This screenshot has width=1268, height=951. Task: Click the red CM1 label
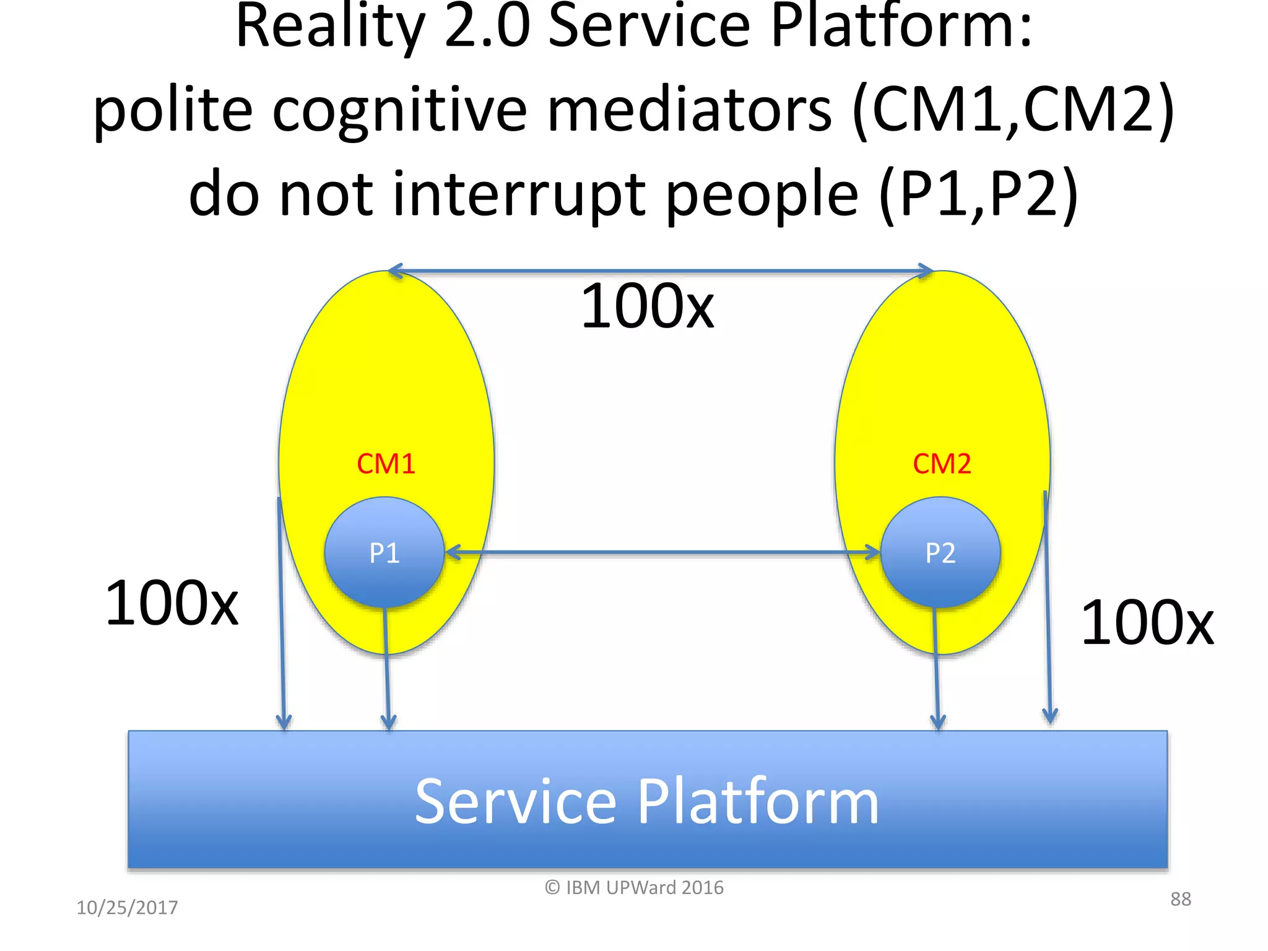[386, 464]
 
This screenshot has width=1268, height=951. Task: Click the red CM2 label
[942, 464]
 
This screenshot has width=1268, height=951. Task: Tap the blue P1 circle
[384, 552]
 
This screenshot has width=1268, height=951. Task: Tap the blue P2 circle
[940, 552]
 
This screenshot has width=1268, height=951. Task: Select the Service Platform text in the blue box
[646, 802]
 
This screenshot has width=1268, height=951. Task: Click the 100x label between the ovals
[648, 306]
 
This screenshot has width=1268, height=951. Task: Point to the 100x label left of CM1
[172, 603]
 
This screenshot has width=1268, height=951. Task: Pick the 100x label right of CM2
[1147, 623]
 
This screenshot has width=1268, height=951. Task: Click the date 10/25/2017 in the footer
[127, 908]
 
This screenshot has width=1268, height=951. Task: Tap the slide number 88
[1180, 899]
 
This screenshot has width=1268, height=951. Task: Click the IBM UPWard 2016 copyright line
[634, 888]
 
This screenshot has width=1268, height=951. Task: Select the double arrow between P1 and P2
[662, 552]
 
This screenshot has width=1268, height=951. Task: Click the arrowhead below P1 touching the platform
[388, 722]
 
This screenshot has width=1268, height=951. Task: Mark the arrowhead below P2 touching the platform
[938, 722]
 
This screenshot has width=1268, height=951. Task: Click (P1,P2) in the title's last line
[979, 194]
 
